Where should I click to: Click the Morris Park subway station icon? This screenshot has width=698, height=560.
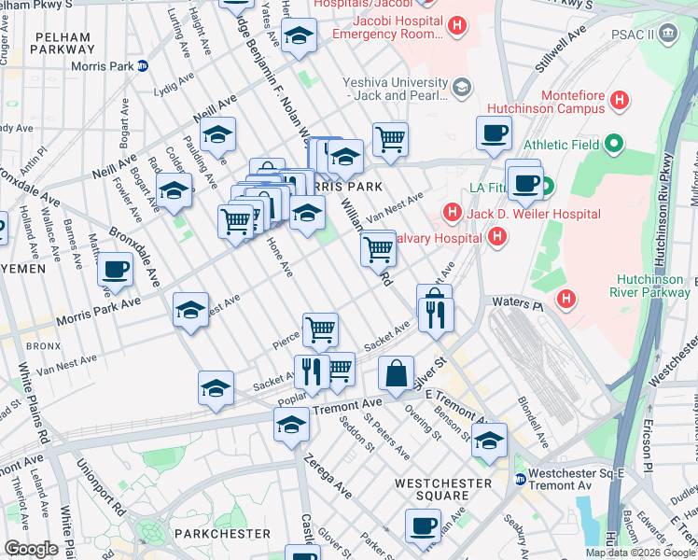(x=143, y=65)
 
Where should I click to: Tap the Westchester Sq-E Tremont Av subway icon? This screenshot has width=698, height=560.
(x=521, y=479)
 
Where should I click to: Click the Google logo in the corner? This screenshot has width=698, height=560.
(x=30, y=549)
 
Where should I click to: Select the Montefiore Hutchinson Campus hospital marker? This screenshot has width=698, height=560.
(x=619, y=100)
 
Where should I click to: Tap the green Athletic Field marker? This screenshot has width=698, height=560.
(x=612, y=145)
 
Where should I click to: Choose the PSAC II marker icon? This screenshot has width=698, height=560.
(x=668, y=34)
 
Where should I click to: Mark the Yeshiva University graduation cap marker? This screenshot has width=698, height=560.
(x=461, y=88)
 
